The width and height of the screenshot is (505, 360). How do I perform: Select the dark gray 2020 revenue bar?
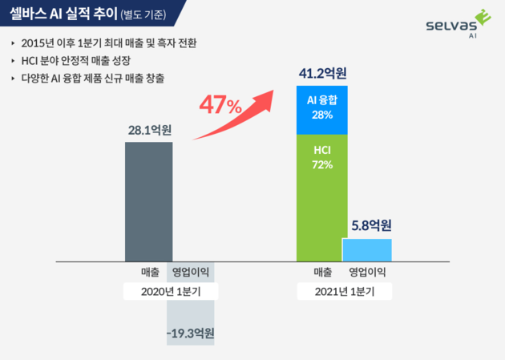point(148,200)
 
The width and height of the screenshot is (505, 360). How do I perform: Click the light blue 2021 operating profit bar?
point(367,249)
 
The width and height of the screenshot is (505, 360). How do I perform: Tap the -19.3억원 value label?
point(191,332)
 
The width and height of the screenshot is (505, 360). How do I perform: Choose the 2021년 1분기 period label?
point(344,292)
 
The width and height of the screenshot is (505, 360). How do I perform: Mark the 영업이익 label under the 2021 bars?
point(368,271)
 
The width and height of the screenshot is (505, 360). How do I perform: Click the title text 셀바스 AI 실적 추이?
point(63,13)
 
